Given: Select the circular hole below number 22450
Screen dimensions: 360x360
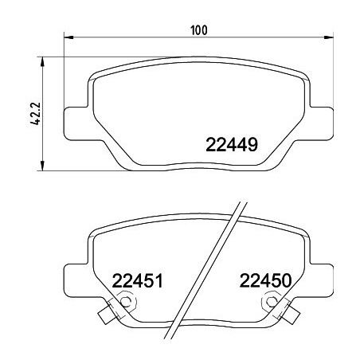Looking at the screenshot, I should point(273,303).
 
